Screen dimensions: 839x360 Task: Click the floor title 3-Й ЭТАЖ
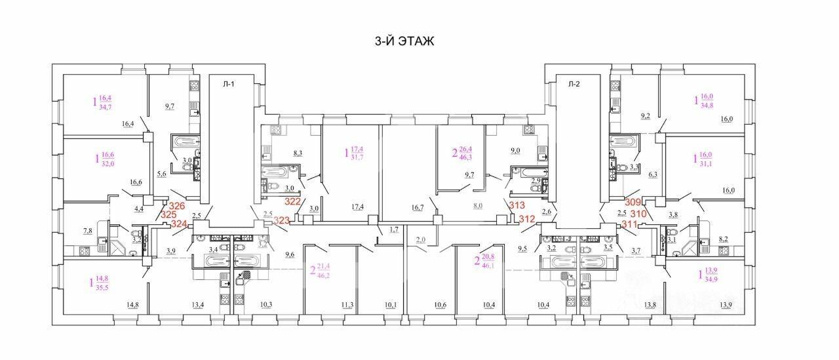click(404, 41)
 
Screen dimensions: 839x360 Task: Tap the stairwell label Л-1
click(229, 84)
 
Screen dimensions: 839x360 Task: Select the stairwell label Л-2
click(574, 84)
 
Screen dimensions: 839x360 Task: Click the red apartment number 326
click(177, 206)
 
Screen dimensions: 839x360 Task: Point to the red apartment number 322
click(292, 201)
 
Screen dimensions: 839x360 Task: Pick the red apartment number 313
click(517, 205)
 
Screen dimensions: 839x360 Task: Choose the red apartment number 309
click(633, 202)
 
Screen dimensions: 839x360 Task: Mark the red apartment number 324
click(179, 224)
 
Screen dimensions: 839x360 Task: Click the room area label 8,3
click(298, 153)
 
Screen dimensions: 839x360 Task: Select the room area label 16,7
click(418, 207)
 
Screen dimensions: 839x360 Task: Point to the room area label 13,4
click(198, 305)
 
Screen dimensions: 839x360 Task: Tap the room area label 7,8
click(88, 231)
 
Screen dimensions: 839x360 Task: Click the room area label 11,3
click(347, 305)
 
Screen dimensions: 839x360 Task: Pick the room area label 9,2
click(646, 116)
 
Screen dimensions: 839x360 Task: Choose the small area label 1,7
click(394, 230)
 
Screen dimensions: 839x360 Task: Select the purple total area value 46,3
click(465, 158)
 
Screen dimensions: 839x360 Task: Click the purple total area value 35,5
click(102, 288)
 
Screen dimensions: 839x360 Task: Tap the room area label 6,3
click(653, 174)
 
